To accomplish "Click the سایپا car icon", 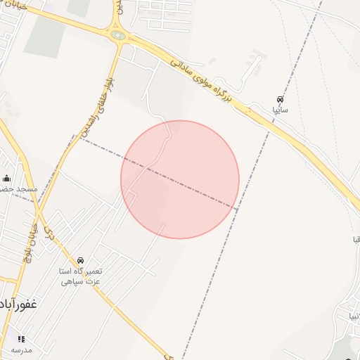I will click(x=281, y=99).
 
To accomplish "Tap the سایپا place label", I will click(x=280, y=110).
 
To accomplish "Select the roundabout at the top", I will click(x=117, y=34).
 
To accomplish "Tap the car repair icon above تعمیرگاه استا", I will click(x=80, y=260).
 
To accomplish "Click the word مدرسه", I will click(x=21, y=349).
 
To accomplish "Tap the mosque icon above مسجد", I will click(x=7, y=178).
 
